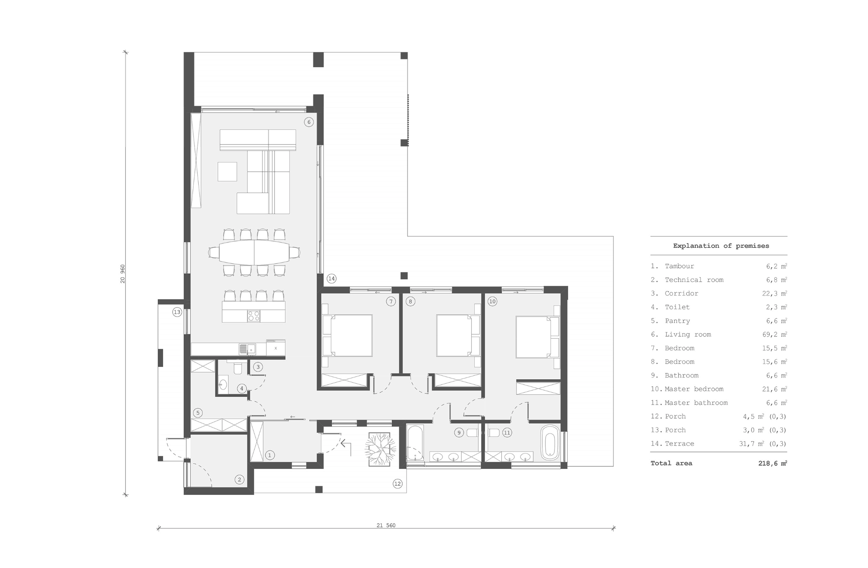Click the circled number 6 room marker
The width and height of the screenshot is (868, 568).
point(309,122)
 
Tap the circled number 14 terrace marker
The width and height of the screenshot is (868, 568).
point(331,278)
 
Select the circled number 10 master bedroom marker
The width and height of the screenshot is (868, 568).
point(492,301)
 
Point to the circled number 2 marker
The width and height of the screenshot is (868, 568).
point(240,479)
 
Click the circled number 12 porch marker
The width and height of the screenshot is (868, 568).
point(398,484)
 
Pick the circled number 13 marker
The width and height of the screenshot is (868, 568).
point(177,312)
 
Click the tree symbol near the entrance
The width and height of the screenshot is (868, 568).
point(380,449)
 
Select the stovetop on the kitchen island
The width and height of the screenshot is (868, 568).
point(253,316)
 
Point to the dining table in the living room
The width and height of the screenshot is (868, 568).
point(254,252)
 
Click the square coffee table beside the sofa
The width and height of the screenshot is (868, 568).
point(227,172)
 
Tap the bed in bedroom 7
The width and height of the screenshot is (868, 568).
point(348,335)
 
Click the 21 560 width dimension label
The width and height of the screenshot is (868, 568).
point(386,525)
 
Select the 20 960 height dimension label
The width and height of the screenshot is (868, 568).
point(123,274)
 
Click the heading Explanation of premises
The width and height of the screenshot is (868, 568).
point(721,246)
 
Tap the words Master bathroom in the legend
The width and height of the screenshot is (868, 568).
point(696,403)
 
